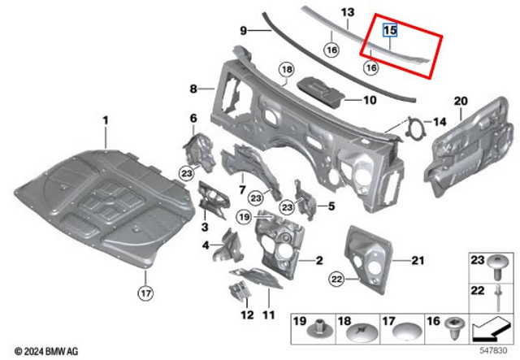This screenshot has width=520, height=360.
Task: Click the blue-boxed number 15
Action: pyautogui.click(x=390, y=30)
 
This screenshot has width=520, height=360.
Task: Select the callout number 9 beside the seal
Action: pyautogui.click(x=244, y=31)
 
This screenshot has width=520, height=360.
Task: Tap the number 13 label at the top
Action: pyautogui.click(x=347, y=12)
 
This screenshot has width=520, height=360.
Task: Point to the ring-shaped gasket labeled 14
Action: pyautogui.click(x=414, y=127)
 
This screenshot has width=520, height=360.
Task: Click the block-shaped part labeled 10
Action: pyautogui.click(x=321, y=92)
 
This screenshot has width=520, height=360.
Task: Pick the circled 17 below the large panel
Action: pyautogui.click(x=145, y=293)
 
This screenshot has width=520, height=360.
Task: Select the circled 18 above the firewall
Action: pyautogui.click(x=287, y=70)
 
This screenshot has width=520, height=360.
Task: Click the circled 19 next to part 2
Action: pyautogui.click(x=244, y=217)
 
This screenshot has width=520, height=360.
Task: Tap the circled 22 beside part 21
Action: pyautogui.click(x=336, y=280)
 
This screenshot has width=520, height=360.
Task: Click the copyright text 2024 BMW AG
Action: pyautogui.click(x=47, y=351)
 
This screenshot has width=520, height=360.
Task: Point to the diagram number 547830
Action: pyautogui.click(x=494, y=350)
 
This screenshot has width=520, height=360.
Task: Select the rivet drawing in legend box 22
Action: pyautogui.click(x=498, y=298)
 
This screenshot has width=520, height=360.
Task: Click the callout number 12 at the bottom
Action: pyautogui.click(x=247, y=314)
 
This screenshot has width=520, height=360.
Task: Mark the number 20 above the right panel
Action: pyautogui.click(x=461, y=101)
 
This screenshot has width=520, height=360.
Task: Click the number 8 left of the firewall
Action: pyautogui.click(x=193, y=89)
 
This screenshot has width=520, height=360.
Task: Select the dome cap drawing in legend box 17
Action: pyautogui.click(x=407, y=332)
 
